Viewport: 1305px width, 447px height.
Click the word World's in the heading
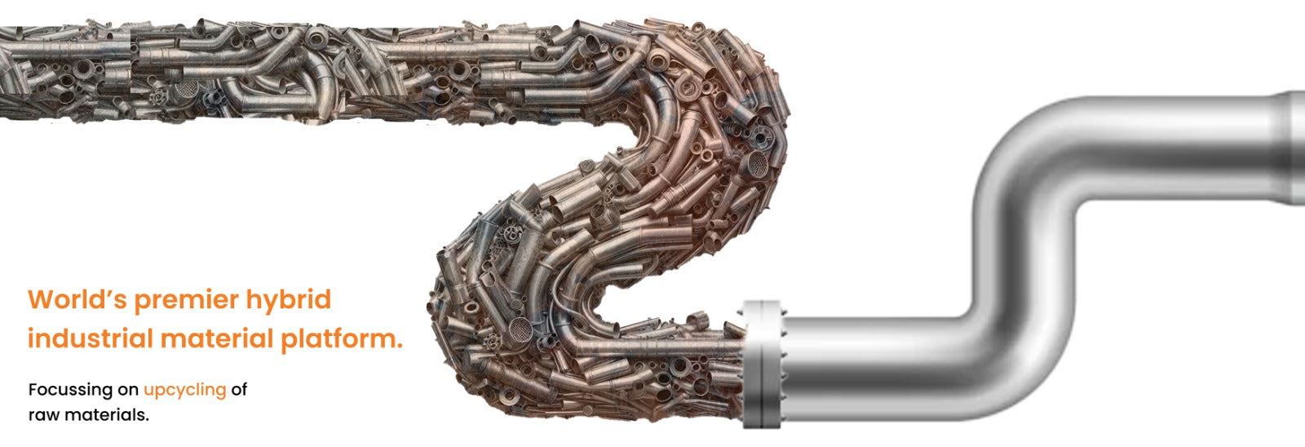point(77,299)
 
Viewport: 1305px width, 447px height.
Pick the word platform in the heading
point(338,340)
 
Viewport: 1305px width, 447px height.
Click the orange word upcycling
point(184,391)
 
